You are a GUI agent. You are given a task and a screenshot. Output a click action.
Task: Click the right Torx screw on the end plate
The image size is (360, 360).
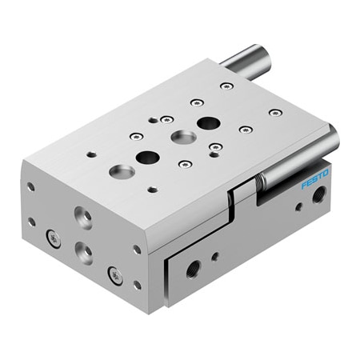(118, 276)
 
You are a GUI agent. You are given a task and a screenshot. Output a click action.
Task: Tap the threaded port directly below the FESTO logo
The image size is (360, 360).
(320, 194)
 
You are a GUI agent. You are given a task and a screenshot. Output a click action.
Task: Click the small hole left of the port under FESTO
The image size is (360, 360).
(298, 206)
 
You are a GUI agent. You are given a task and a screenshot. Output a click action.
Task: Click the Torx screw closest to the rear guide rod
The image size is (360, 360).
(227, 86)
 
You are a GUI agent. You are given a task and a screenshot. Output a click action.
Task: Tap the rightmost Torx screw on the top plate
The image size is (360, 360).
(274, 113)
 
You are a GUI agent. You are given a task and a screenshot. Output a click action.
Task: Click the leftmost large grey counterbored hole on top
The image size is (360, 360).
(121, 170)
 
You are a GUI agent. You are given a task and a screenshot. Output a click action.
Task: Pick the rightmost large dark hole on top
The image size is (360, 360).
(207, 123)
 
